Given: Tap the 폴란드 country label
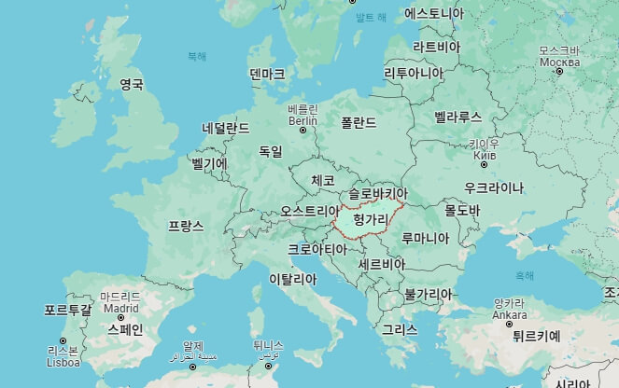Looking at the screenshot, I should (x=359, y=122).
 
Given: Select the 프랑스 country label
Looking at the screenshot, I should (x=186, y=226).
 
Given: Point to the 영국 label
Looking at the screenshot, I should (x=132, y=84).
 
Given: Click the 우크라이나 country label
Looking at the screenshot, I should (x=487, y=187).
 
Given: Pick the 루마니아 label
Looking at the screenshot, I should (x=426, y=237).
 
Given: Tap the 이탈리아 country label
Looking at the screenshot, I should (x=292, y=279).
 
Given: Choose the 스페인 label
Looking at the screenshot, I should (x=125, y=329).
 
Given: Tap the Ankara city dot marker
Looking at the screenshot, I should (x=510, y=323).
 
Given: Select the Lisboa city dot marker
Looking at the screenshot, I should (x=63, y=340).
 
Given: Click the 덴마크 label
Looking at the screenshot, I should (x=267, y=74).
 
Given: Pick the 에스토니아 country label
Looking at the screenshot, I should (x=434, y=13).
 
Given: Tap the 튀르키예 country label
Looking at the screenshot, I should (x=529, y=337).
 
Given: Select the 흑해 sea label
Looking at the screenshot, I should (x=525, y=275).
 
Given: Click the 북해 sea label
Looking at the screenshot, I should (x=196, y=56).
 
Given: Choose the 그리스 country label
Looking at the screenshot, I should (x=400, y=329).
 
